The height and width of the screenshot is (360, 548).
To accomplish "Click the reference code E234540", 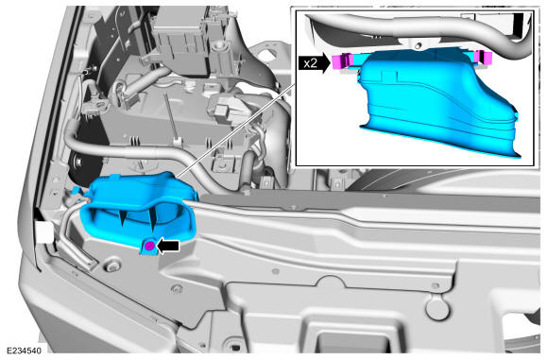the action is tap(24, 351).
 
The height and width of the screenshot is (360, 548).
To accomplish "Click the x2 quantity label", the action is tap(310, 63).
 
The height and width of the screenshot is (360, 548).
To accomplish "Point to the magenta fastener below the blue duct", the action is tap(149, 246).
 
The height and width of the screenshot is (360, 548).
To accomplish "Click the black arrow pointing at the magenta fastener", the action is tap(168, 246).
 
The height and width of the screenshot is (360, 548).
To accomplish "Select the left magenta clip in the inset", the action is tap(341, 60).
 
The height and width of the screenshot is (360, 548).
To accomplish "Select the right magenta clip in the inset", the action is tap(485, 57).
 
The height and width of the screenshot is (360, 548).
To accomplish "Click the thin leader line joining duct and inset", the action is tap(236, 130).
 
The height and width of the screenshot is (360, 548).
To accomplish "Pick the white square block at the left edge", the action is tap(44, 231).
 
